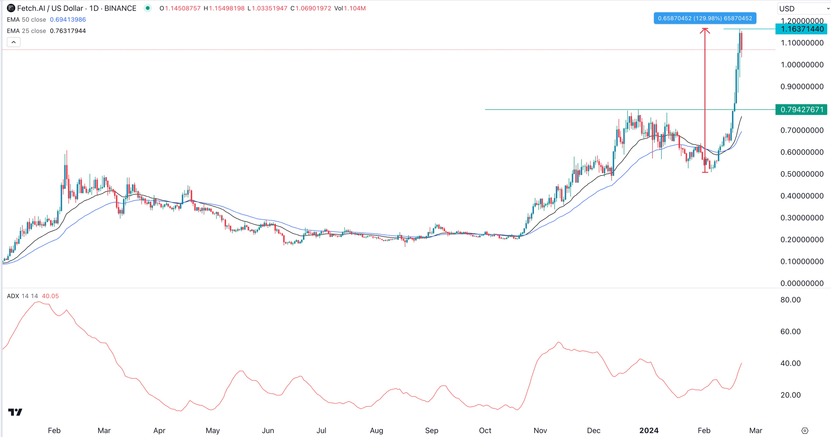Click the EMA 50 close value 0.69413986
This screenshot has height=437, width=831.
click(68, 20)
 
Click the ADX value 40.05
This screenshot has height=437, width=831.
click(50, 296)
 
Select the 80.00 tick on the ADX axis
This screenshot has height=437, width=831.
click(790, 300)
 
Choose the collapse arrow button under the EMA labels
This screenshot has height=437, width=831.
click(14, 42)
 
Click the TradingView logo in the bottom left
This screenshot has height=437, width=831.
click(15, 412)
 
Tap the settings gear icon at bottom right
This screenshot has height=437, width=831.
click(805, 431)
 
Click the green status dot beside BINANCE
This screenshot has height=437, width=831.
click(147, 8)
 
